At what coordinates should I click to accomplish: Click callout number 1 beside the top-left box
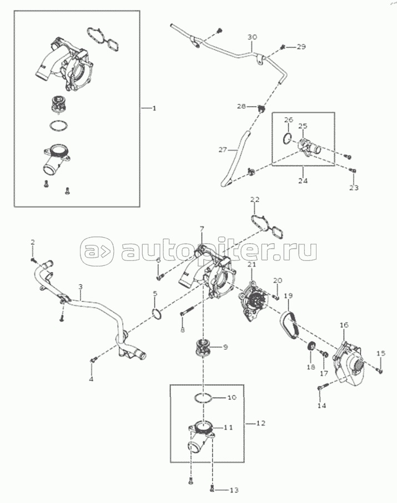tap(154, 108)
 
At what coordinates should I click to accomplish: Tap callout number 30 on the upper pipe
tap(252, 37)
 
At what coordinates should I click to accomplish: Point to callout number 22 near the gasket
tap(254, 199)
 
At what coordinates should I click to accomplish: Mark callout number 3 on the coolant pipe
tap(81, 287)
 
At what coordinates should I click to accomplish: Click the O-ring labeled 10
tap(204, 398)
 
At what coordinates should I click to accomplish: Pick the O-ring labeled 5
tap(157, 314)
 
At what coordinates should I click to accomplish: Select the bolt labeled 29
tap(284, 48)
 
